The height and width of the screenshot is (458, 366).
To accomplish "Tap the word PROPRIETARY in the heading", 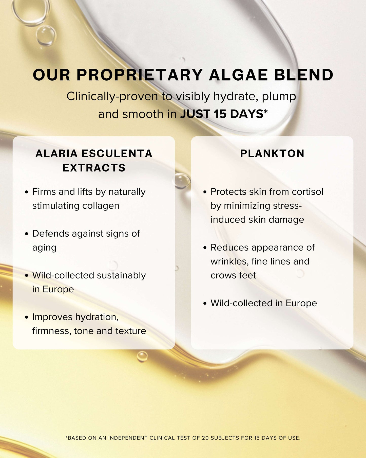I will coord(140,75).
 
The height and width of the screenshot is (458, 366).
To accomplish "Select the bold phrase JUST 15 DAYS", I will coord(222,114).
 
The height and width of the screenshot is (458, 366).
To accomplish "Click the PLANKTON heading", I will coord(272,154).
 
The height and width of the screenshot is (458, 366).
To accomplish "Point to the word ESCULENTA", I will coord(117,154).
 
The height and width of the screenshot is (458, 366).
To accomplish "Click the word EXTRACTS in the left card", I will coord(94,168).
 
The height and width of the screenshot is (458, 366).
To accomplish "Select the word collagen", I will coord(101,206).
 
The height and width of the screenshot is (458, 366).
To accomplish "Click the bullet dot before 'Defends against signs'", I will coord(27,234).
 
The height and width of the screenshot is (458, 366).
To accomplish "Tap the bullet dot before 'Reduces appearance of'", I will coord(205,248).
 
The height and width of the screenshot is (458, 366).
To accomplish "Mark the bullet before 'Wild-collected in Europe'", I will coord(205,303).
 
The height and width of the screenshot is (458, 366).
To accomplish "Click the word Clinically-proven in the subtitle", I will coord(112,97).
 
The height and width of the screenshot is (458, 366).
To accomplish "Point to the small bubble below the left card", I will coord(142,356).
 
